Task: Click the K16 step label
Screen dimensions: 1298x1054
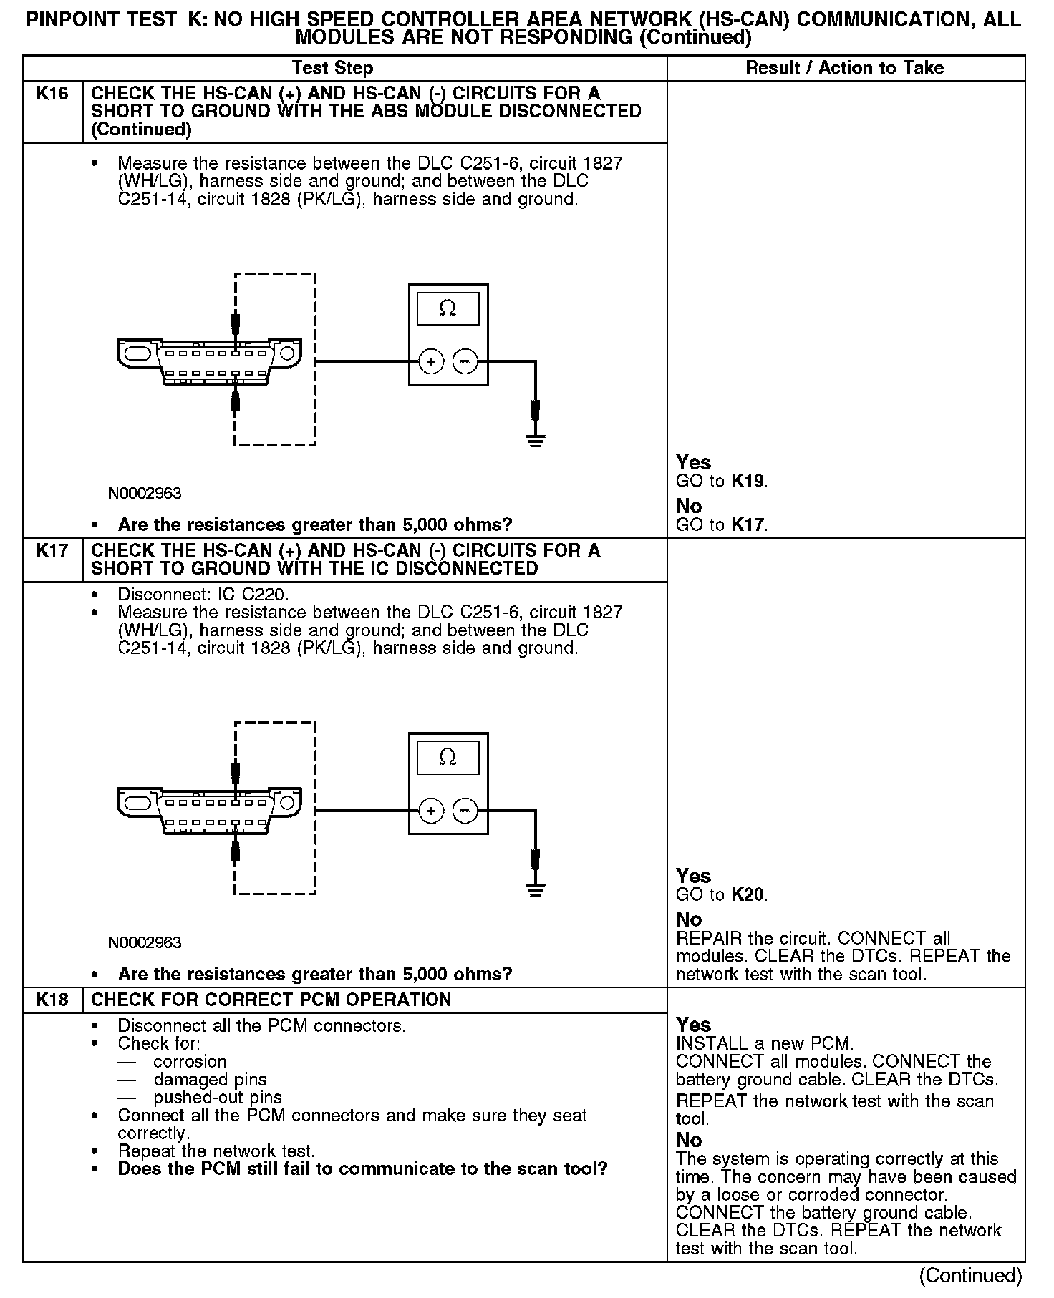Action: coord(52,94)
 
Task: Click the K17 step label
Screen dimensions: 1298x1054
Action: coord(52,551)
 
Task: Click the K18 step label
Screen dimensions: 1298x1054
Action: coord(52,1000)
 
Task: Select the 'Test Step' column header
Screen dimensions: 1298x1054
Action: coord(332,68)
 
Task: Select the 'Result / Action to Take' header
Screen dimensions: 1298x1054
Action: coord(845,68)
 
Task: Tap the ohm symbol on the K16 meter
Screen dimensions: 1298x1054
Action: coord(448,308)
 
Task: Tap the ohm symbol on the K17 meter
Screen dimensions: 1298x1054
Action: coord(448,757)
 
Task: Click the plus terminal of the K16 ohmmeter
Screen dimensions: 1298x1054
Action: coord(430,362)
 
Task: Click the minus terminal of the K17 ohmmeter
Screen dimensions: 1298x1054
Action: coord(465,811)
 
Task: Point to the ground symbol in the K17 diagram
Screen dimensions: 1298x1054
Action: coord(535,889)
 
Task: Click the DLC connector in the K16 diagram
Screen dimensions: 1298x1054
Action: coord(208,361)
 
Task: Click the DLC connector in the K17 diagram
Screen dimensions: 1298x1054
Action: coord(208,811)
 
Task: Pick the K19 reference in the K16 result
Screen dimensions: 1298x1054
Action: coord(749,482)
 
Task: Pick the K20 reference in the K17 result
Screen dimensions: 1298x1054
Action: coord(749,895)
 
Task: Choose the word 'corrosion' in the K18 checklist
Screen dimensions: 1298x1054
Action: coord(189,1062)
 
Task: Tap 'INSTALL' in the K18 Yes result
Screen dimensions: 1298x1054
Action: coord(705,1044)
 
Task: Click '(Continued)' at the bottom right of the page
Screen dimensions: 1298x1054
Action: coord(970,1276)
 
